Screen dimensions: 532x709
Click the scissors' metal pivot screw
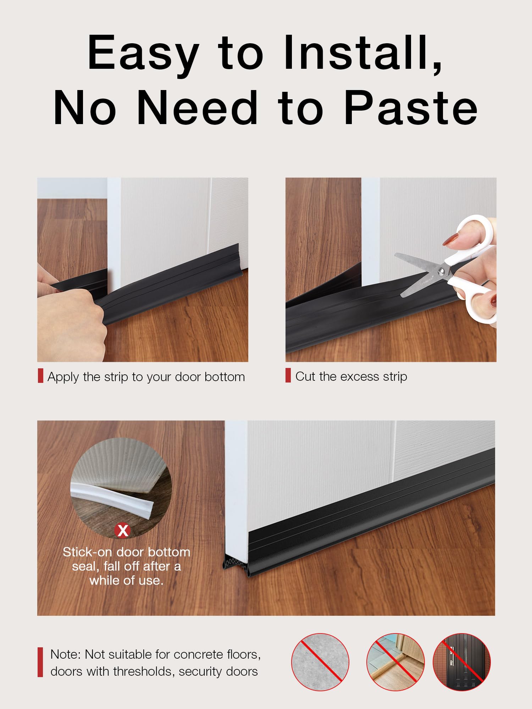click(441, 271)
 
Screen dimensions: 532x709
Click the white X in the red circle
click(123, 531)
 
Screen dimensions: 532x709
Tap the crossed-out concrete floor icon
click(320, 662)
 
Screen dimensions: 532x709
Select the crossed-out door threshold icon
click(395, 662)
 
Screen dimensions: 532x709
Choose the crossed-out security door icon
click(462, 662)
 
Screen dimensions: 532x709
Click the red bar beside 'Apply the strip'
click(40, 376)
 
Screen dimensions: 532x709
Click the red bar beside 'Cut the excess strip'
click(288, 375)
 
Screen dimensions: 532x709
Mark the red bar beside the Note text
click(40, 662)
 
